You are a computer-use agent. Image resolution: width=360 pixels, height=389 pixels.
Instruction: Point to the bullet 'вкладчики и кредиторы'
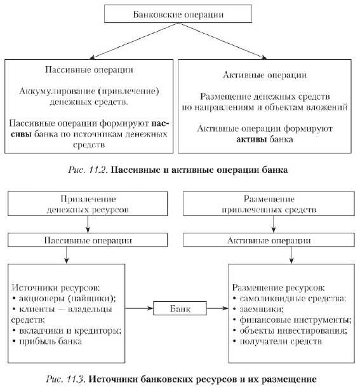point(67,331)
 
